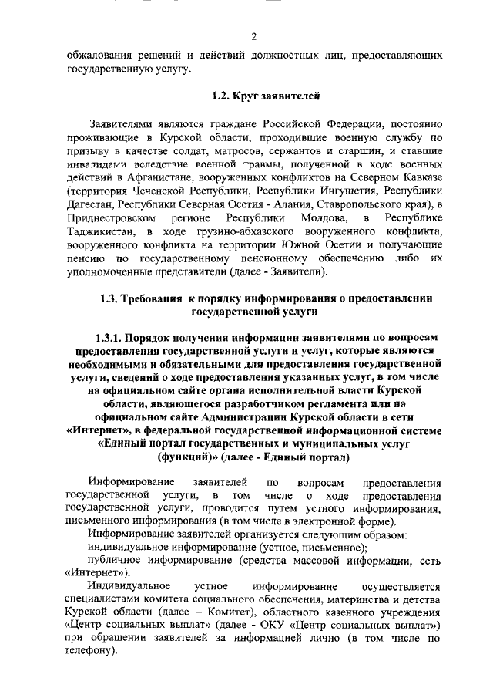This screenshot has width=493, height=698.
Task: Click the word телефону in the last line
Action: point(89,650)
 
